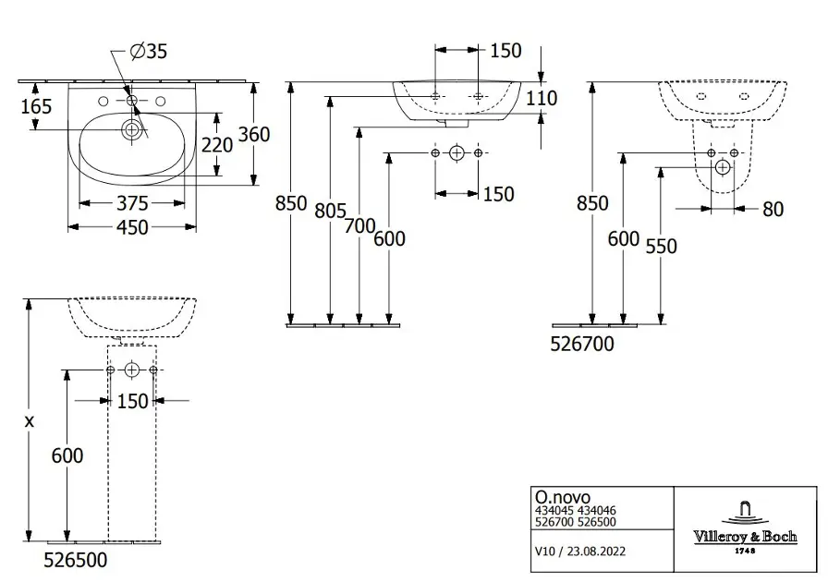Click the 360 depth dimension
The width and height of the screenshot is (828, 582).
coord(253,134)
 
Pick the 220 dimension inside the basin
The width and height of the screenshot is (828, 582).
coord(218,144)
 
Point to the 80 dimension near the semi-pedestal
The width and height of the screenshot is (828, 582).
coord(773,210)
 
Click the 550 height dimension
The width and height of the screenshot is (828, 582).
coord(662,247)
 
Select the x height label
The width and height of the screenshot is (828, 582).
coord(29,420)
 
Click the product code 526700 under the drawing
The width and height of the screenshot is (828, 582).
coord(582,343)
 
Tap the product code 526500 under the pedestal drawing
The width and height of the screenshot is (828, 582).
coord(76,559)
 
